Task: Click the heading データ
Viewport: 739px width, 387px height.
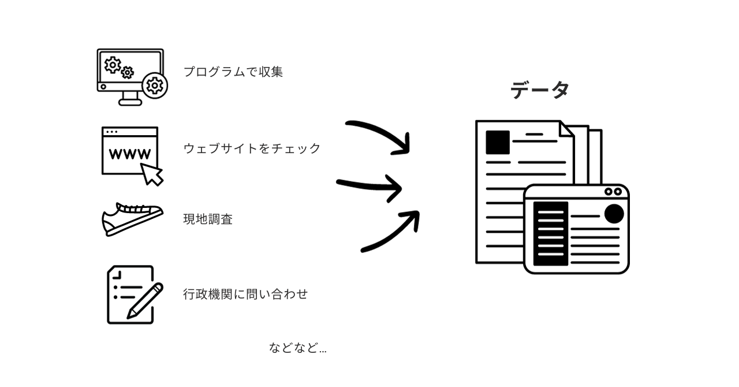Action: [x=540, y=90]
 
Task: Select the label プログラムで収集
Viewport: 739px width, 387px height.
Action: [x=233, y=72]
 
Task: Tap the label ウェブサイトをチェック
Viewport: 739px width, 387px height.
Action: [x=252, y=148]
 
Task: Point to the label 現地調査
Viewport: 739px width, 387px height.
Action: [x=208, y=219]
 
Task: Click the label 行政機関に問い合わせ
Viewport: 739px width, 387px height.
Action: [x=245, y=294]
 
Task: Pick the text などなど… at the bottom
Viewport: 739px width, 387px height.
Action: [x=297, y=348]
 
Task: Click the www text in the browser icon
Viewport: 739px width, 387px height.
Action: [x=130, y=154]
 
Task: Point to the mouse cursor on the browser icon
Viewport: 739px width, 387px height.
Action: [x=152, y=174]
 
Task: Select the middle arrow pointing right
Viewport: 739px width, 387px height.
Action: [x=369, y=186]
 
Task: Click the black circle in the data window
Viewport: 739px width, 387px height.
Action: [x=614, y=214]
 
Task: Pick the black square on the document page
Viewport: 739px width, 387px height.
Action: [x=497, y=142]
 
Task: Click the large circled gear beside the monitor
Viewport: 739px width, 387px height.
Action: [x=155, y=85]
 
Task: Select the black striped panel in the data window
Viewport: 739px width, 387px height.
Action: [x=550, y=233]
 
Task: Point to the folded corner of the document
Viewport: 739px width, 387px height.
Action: [x=566, y=129]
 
